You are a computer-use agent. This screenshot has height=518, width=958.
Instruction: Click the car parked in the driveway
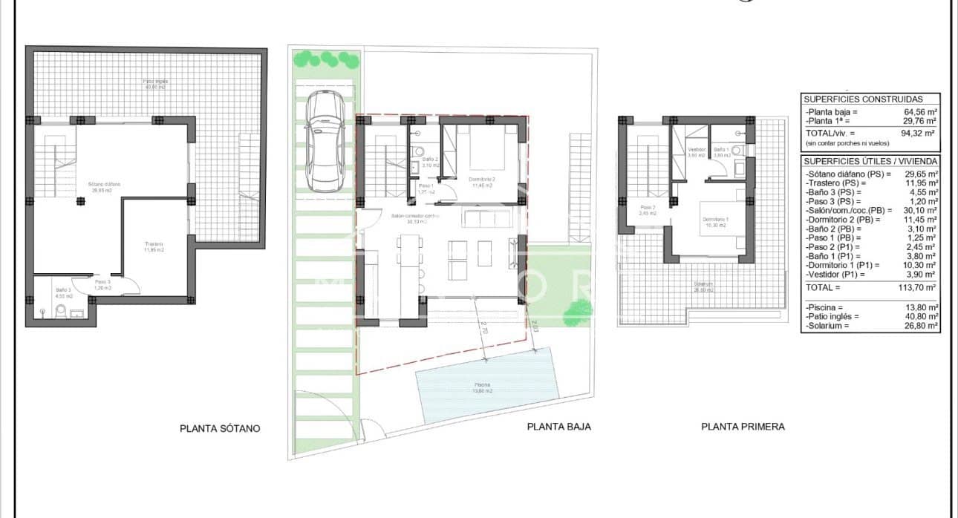(325, 140)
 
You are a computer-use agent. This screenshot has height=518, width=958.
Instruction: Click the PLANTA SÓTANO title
(220, 428)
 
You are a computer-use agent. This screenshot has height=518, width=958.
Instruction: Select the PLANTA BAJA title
(558, 427)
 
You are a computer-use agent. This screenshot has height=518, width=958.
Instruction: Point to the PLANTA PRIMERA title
(743, 427)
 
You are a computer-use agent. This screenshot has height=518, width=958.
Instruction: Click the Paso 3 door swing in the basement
(129, 286)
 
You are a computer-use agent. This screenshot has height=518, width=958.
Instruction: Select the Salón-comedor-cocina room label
(416, 217)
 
